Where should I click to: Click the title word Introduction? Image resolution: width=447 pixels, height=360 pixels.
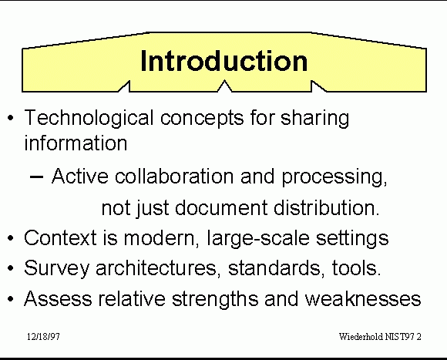(224, 61)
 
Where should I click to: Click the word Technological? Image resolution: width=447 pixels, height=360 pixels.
(89, 119)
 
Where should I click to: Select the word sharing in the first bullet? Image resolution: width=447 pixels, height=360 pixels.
(314, 119)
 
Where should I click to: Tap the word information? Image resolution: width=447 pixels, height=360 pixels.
(76, 143)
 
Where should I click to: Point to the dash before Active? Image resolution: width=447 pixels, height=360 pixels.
(36, 177)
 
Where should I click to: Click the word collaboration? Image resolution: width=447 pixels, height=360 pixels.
(174, 177)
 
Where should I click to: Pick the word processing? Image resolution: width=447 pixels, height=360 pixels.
(334, 177)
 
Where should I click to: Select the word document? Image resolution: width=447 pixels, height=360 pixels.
(221, 208)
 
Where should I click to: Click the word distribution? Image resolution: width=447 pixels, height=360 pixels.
(327, 208)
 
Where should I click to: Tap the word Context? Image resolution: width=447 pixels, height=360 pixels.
(60, 237)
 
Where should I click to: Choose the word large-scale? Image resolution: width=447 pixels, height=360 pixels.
(258, 238)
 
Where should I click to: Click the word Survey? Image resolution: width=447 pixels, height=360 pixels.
(57, 269)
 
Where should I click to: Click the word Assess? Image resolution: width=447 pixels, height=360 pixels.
(58, 298)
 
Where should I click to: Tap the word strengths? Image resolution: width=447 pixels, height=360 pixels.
(215, 299)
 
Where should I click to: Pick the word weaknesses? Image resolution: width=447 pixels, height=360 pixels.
(363, 298)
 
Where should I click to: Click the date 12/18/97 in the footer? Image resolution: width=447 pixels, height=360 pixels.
(43, 337)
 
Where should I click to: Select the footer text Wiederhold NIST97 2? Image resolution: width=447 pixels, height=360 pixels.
(380, 337)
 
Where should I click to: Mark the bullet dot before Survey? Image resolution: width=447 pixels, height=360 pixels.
(11, 268)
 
